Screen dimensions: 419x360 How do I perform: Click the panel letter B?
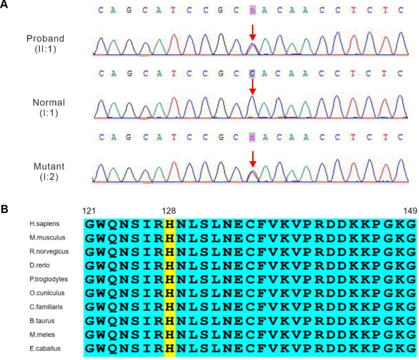tap(6, 208)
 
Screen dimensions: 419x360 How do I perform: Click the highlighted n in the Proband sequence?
tap(252, 10)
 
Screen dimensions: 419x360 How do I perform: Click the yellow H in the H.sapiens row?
tap(169, 225)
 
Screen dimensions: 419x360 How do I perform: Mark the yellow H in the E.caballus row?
tap(169, 349)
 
